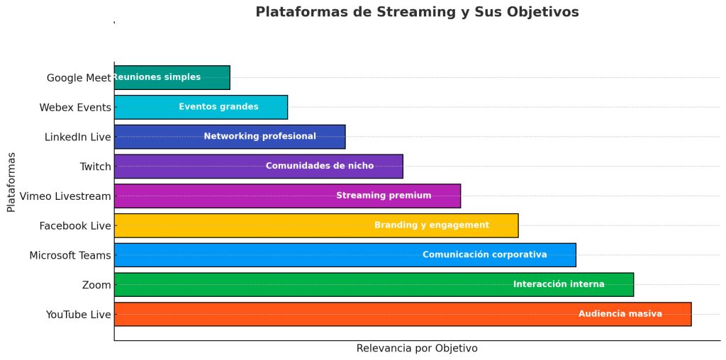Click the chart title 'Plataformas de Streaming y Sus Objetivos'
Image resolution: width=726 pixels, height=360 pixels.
(417, 12)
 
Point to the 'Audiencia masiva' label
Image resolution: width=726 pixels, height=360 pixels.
(620, 314)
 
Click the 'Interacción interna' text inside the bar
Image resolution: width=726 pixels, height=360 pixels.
(559, 284)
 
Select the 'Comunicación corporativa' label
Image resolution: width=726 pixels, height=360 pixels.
(484, 254)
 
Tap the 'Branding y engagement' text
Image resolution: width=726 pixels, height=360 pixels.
(431, 225)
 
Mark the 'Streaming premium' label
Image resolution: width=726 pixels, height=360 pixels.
(384, 196)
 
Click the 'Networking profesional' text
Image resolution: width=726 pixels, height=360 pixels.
(259, 136)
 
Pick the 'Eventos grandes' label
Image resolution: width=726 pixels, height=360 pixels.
(218, 107)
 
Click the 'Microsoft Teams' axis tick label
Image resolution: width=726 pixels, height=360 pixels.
(70, 255)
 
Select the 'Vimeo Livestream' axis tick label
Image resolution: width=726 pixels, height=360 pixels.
(66, 196)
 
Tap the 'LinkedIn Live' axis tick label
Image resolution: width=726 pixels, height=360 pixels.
(78, 137)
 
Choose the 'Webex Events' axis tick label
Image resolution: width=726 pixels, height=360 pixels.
(75, 108)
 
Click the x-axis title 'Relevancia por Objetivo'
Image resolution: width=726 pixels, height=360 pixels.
(417, 349)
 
